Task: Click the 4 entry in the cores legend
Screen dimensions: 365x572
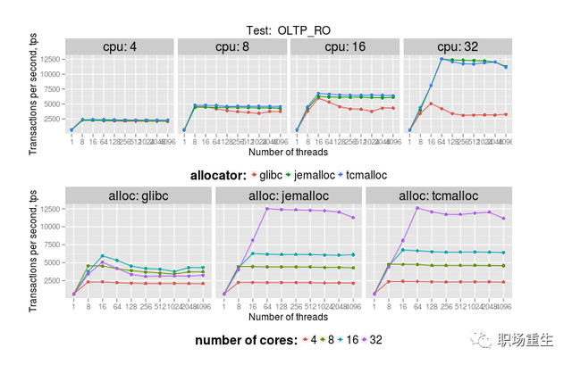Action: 310,340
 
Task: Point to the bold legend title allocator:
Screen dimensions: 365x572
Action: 220,175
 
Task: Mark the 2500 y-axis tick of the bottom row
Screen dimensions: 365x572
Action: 51,279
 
